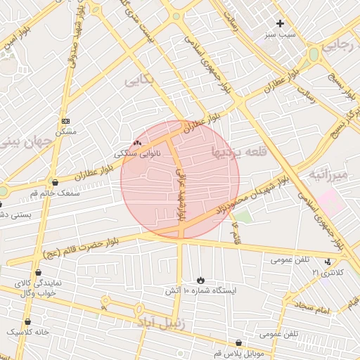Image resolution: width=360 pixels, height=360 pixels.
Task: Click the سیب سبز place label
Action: point(281,34)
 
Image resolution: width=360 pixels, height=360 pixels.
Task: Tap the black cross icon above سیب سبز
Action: point(280,23)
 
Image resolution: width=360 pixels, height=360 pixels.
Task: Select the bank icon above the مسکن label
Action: point(66,121)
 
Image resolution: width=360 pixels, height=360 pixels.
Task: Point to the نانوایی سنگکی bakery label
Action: point(137,153)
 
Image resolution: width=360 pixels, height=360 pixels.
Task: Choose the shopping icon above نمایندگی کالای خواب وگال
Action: point(37,273)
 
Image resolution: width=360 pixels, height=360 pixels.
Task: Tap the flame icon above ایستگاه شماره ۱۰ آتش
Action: point(201,280)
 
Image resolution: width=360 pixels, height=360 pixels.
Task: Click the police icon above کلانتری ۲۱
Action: point(328,262)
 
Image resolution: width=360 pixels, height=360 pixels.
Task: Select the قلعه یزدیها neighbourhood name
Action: point(240,150)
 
